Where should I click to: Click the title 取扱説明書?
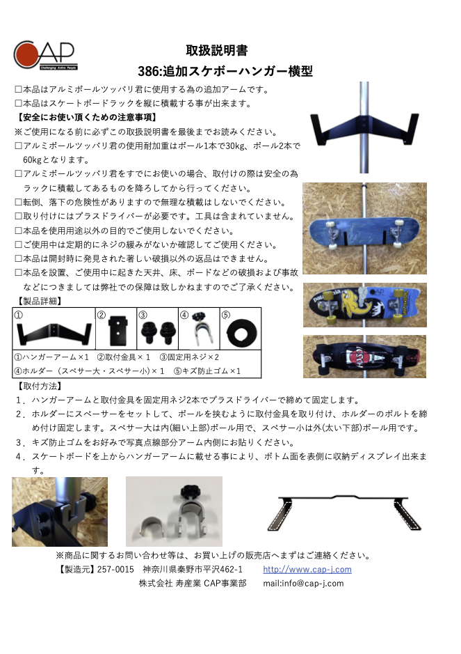(216, 50)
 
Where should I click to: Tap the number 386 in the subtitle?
(148, 71)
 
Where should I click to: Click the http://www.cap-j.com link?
(307, 569)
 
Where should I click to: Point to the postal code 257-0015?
(115, 569)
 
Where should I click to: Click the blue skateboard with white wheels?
(364, 228)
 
